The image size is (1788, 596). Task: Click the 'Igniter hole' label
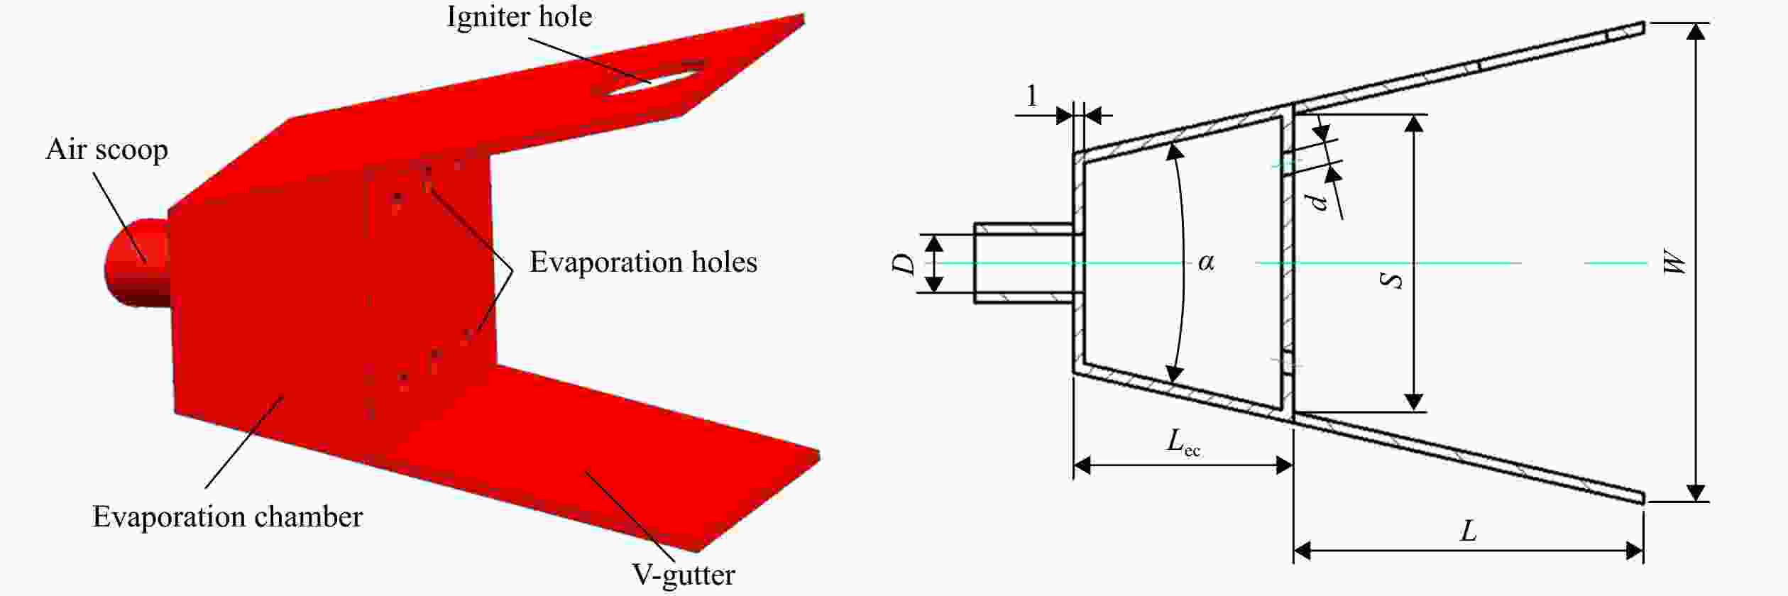(x=519, y=17)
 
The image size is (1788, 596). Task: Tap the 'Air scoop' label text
(x=107, y=150)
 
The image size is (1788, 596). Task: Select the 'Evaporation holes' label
(x=643, y=263)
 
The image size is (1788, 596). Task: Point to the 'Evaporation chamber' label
(x=227, y=517)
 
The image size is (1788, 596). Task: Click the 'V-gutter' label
(x=684, y=574)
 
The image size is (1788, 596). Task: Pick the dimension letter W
(x=1674, y=263)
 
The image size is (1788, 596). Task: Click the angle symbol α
(x=1206, y=263)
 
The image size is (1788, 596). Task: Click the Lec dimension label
(x=1184, y=442)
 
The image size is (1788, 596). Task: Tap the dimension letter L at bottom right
(x=1468, y=530)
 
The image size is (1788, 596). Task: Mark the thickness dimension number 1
(x=1032, y=96)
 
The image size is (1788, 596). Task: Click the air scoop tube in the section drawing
(x=1024, y=263)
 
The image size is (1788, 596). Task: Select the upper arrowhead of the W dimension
(x=1696, y=33)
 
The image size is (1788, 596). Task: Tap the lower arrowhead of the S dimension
(x=1414, y=402)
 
